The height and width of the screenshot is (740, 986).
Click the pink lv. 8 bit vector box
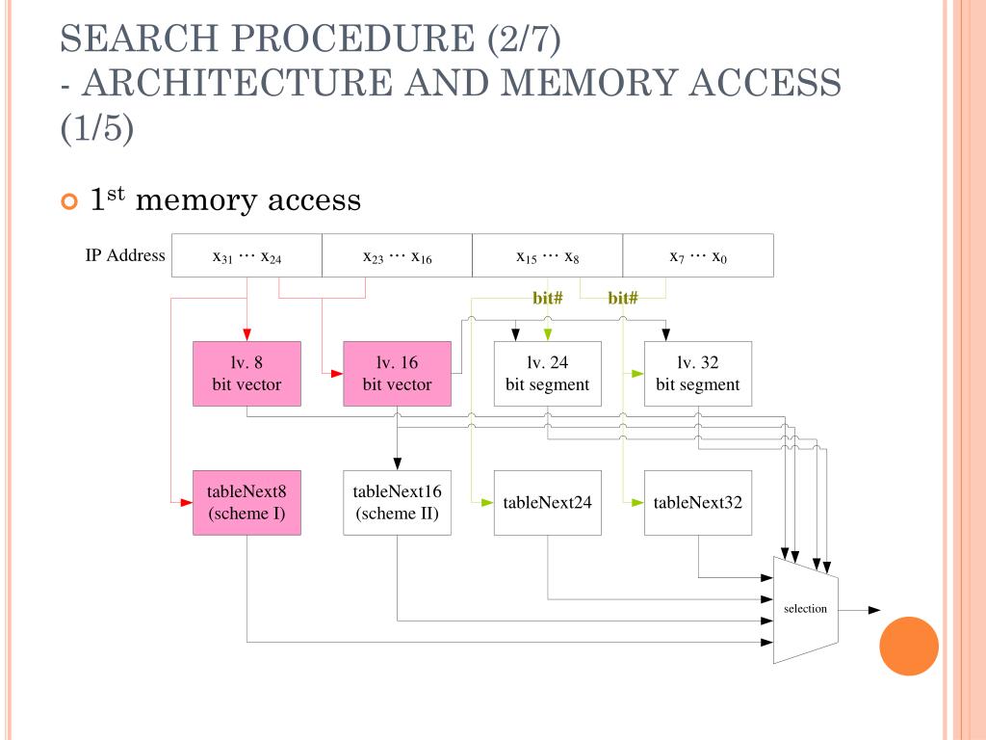coord(246,374)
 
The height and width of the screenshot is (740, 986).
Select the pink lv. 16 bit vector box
coord(397,374)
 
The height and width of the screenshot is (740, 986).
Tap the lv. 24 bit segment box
coord(547,374)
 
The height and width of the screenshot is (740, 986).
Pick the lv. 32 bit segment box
coord(697,374)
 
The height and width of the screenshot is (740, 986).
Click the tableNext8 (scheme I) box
coord(246,502)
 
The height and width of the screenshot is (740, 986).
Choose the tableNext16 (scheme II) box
coord(397,502)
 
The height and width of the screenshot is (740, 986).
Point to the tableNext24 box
coord(547,502)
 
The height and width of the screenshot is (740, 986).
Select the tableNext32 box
coord(697,502)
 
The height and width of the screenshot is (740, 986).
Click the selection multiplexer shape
coord(806,609)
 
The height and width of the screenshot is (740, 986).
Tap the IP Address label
coord(125,255)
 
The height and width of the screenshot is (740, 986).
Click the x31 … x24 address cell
coord(246,255)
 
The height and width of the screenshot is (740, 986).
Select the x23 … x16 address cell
coord(397,255)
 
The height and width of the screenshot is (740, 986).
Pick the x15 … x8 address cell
coord(547,255)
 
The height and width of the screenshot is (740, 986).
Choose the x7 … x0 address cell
coord(698,255)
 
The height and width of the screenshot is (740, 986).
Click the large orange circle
coord(909,647)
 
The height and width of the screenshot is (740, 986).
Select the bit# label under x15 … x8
coord(547,298)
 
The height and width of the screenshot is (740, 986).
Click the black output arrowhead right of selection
coord(874,610)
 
